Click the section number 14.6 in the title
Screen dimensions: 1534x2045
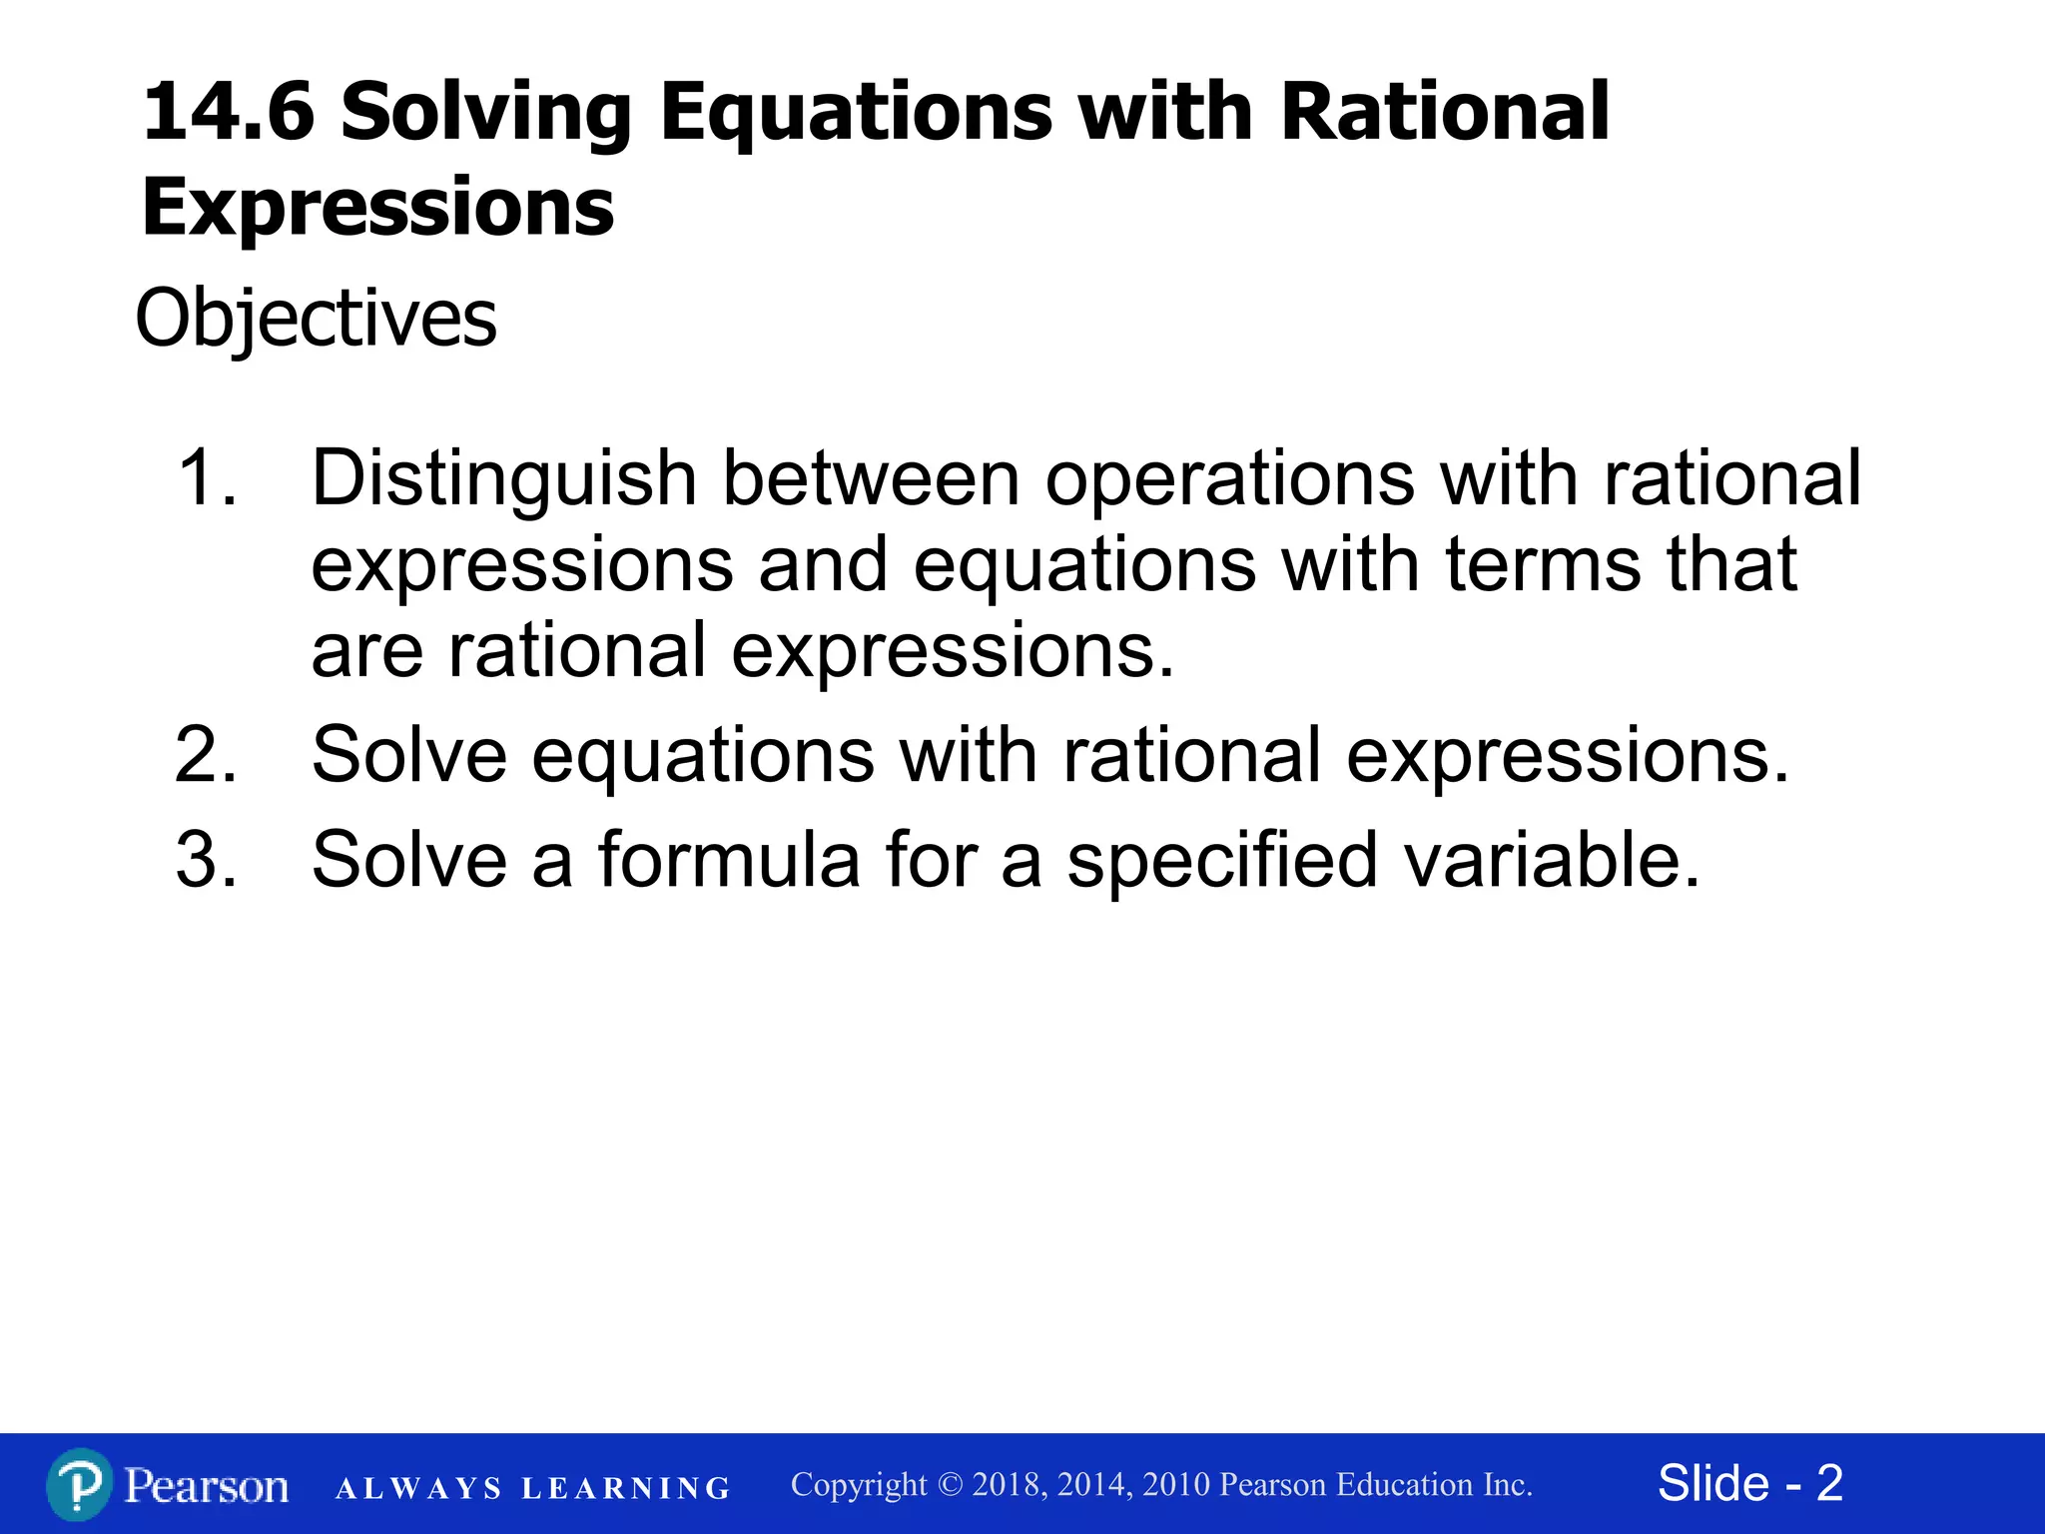click(229, 112)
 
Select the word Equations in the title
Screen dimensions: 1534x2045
click(856, 112)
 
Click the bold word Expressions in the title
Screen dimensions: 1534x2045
click(377, 207)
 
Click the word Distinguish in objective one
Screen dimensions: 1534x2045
click(503, 478)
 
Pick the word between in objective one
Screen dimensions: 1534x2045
click(871, 478)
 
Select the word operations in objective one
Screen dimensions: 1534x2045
click(1229, 478)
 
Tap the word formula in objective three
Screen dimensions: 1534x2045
click(728, 860)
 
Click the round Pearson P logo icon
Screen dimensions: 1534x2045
click(78, 1484)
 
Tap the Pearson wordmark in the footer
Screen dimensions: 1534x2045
click(207, 1486)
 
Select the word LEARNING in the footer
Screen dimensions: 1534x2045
click(626, 1489)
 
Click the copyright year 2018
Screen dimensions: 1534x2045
click(1009, 1485)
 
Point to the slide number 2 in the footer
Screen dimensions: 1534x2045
click(1829, 1483)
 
